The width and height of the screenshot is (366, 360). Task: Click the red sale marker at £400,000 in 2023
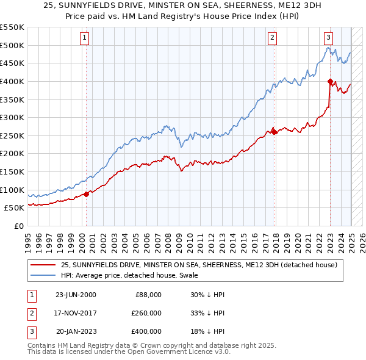coord(330,81)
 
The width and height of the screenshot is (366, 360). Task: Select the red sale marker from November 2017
coord(274,132)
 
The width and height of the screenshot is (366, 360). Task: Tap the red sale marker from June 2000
coord(87,194)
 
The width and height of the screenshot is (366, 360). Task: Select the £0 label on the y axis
coord(18,226)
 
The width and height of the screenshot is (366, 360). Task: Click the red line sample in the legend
coord(43,265)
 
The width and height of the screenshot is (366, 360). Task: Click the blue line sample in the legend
coord(43,275)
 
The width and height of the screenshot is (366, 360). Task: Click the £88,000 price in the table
coord(148,295)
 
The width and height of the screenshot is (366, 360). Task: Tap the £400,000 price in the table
coord(146,333)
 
